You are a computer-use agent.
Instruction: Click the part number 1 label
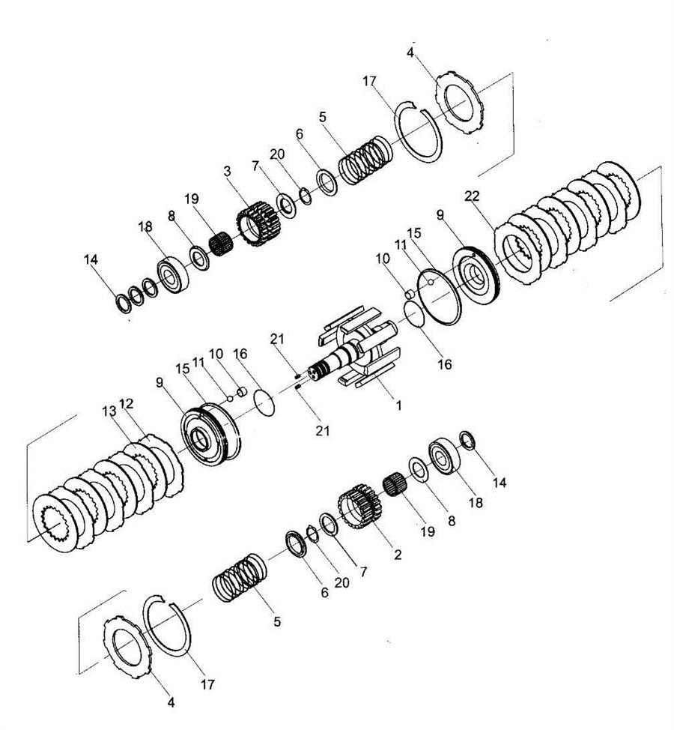pos(398,405)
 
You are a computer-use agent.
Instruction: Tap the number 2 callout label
pos(397,554)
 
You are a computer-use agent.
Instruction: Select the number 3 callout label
pos(227,171)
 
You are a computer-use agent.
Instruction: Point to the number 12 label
pos(127,402)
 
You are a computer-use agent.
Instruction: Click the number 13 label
pos(109,411)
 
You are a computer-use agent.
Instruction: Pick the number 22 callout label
pos(472,196)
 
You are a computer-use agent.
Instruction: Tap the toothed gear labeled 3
pos(257,226)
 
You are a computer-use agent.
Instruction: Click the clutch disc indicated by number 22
pos(517,254)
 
